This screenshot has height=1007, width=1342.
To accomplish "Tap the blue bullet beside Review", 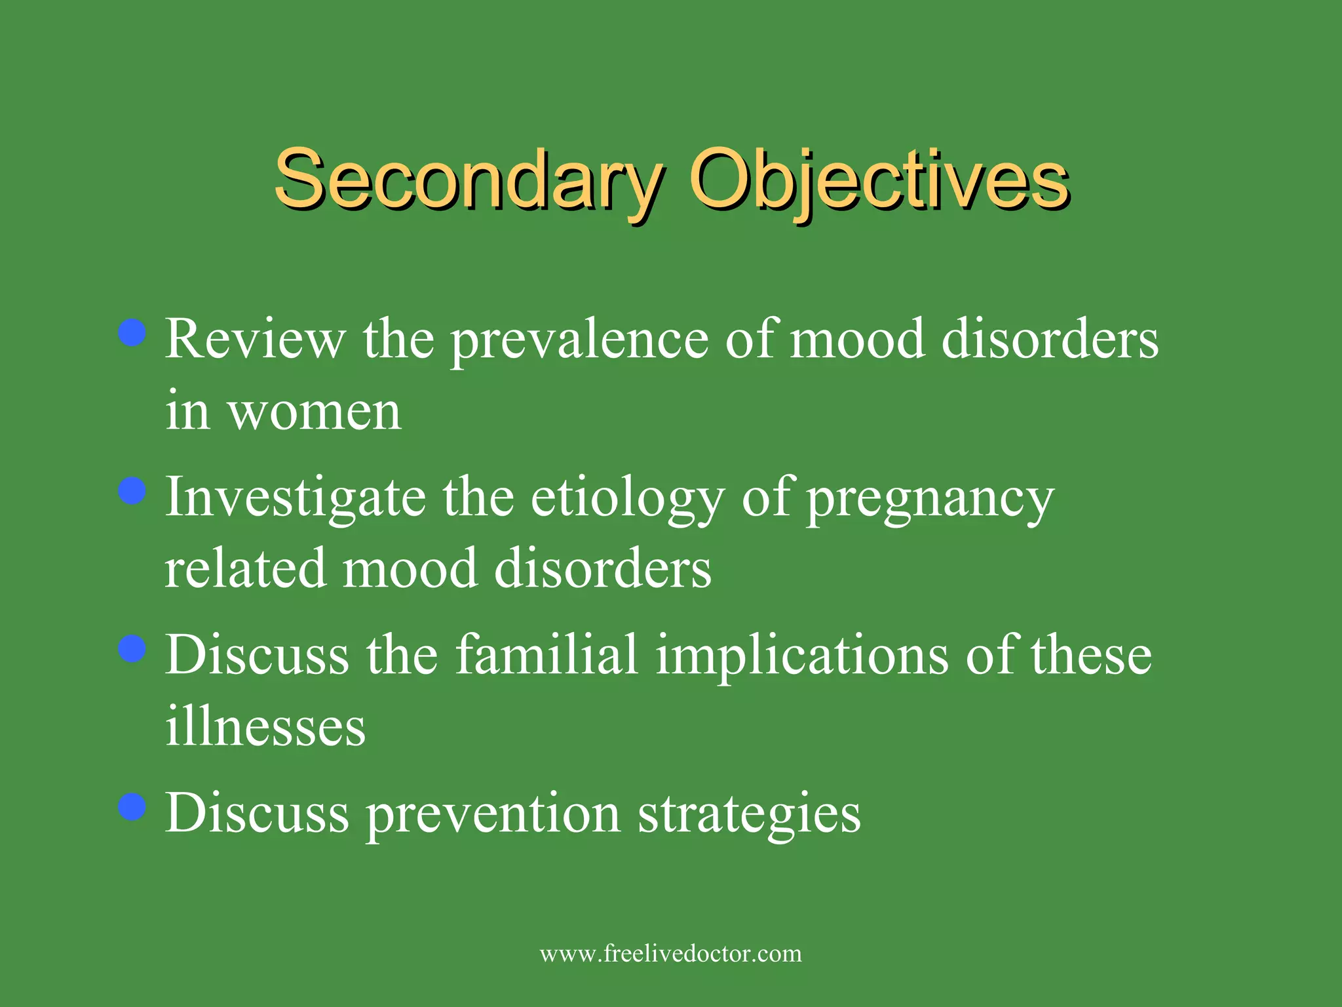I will [x=132, y=332].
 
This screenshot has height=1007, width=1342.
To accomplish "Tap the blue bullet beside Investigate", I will [x=132, y=490].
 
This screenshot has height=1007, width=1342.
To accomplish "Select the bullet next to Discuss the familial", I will [x=132, y=649].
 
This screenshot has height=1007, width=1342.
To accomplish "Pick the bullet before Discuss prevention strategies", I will [x=132, y=807].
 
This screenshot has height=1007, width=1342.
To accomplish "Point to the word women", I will [x=314, y=412].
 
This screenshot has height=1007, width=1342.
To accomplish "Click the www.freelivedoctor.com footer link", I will [x=670, y=953].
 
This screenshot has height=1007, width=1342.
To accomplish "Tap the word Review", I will [x=254, y=340].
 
